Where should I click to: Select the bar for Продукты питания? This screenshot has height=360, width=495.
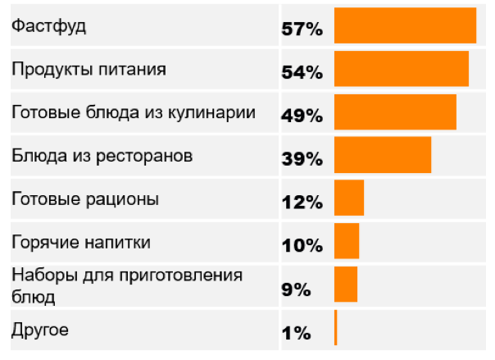coord(402,69)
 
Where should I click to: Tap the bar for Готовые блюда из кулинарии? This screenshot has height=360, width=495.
coord(395,112)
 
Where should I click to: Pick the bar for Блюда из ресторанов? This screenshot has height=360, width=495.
coord(383,156)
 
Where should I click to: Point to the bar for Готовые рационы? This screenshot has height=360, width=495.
coord(349,199)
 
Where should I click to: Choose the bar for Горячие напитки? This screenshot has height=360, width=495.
coord(347,242)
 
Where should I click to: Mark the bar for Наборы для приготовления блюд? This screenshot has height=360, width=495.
coord(346,285)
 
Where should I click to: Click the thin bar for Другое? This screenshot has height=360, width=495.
coord(336,328)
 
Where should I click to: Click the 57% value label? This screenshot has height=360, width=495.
coord(302,29)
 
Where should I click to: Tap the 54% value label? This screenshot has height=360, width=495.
coord(302,72)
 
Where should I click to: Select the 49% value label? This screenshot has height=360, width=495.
coord(302,116)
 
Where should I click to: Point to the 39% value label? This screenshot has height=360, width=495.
coord(302,159)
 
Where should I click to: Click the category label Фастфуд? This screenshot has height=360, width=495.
coord(48,26)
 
